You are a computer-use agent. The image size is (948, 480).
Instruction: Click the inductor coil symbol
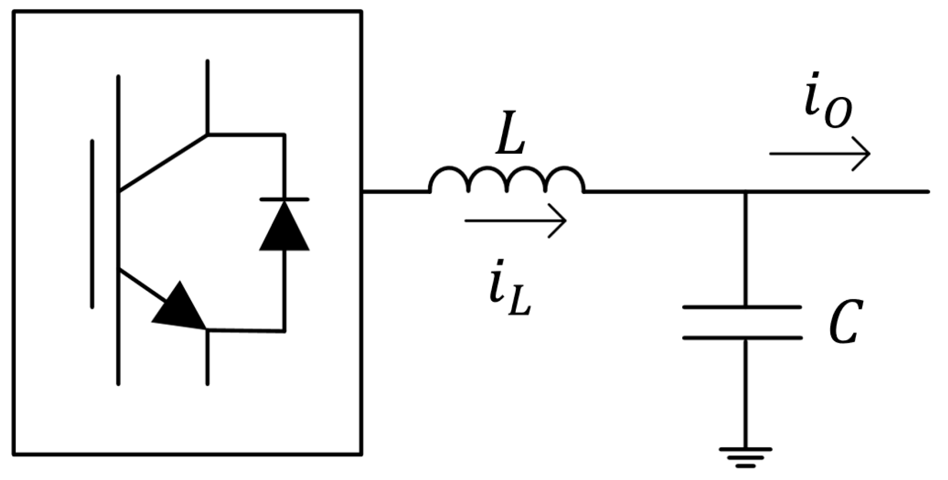507,180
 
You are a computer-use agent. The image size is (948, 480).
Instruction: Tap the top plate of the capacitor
741,307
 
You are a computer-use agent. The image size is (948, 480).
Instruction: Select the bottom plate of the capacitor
741,337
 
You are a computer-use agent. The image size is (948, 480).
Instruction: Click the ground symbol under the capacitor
745,457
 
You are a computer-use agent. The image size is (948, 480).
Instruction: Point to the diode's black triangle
284,228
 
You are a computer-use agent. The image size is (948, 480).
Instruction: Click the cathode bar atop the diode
284,199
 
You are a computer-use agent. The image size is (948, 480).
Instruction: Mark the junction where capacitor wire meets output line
745,191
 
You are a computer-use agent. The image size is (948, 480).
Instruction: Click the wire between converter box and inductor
395,191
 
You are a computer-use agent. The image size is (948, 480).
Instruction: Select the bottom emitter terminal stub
207,358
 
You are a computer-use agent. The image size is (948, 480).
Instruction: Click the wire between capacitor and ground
745,392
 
